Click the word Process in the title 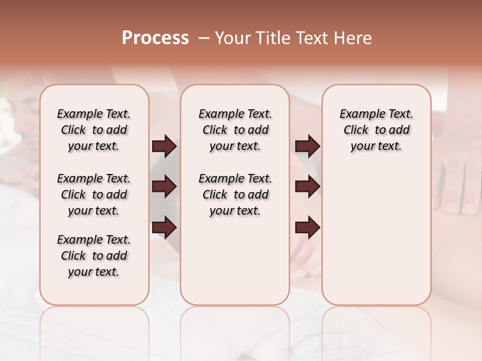coord(155,38)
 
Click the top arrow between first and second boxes coord(164,146)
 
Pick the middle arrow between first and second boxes coord(164,187)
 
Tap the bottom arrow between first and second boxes coord(164,227)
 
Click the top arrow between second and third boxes coord(307,146)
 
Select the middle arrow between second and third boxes coord(307,187)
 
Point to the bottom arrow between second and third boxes coord(307,227)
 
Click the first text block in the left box coord(94,130)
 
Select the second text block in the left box coord(94,195)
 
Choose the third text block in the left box coord(94,256)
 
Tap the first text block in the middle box coord(235,130)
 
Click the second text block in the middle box coord(235,195)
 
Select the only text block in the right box coord(377,130)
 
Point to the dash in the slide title coord(204,38)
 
